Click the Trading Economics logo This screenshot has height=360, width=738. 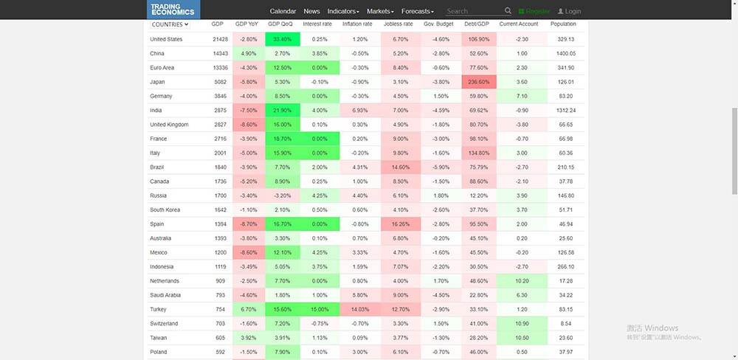tap(172, 10)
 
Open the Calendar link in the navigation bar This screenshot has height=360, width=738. tap(283, 12)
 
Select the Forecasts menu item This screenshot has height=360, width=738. tap(418, 12)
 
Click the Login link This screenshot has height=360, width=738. tap(569, 12)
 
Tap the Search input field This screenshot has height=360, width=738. tap(472, 12)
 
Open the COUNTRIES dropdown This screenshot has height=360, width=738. tap(170, 24)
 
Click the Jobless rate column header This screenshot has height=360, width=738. tap(398, 24)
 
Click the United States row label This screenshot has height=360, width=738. tap(166, 39)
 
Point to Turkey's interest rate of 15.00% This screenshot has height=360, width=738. tap(320, 310)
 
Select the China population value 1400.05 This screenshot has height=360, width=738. tap(566, 53)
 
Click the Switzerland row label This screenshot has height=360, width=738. tap(164, 324)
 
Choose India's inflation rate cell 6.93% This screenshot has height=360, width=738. tap(360, 110)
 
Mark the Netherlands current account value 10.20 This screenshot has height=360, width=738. tap(522, 281)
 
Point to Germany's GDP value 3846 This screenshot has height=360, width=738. tap(217, 96)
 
